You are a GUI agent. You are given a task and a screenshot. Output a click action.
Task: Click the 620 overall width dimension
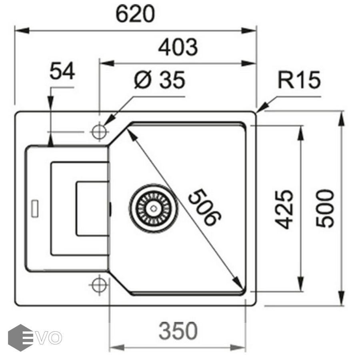pos(135,15)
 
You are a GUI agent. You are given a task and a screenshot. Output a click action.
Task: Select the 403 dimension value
pos(178,48)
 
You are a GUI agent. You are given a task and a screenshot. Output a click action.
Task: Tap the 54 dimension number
pos(62,72)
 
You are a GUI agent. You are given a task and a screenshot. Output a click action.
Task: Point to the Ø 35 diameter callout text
pos(160,80)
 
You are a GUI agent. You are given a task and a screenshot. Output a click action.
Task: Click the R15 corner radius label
pos(300,80)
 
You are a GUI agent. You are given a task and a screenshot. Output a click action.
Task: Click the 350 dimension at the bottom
pos(178,331)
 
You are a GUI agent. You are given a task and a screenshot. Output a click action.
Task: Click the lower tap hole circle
pos(98,285)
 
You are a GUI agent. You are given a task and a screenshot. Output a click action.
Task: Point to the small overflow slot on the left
pos(34,207)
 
